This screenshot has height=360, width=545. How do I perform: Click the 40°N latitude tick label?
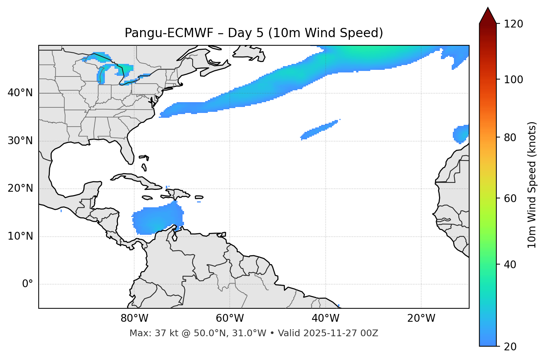pyautogui.click(x=20, y=93)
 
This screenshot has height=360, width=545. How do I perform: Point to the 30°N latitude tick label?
pyautogui.click(x=20, y=141)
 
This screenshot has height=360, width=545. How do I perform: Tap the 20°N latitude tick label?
pyautogui.click(x=20, y=188)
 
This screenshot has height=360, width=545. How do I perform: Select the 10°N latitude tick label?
pyautogui.click(x=20, y=236)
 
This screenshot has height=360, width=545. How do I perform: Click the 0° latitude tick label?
pyautogui.click(x=28, y=284)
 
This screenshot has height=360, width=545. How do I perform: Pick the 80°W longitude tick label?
pyautogui.click(x=134, y=318)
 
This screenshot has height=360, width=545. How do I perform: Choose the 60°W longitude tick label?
pyautogui.click(x=230, y=318)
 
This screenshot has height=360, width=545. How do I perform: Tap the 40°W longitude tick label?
pyautogui.click(x=325, y=318)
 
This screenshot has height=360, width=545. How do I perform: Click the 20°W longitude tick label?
pyautogui.click(x=421, y=318)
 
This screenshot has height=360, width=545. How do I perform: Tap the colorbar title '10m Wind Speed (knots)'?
pyautogui.click(x=532, y=185)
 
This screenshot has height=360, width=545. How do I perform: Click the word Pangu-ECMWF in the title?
pyautogui.click(x=169, y=33)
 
